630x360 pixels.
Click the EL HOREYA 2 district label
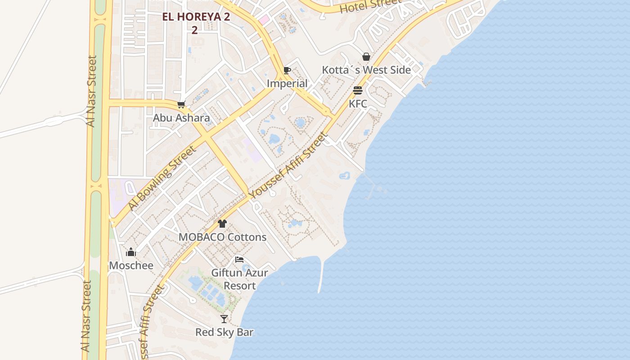coord(196,17)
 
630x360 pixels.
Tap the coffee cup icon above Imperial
coord(287,70)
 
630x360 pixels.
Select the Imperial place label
coord(287,83)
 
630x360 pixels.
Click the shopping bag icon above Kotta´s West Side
coord(366,57)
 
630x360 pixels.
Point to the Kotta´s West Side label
coord(366,70)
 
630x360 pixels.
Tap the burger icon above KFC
coord(358,90)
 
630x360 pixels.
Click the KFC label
coord(358,103)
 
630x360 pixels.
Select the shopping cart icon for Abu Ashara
coord(181,105)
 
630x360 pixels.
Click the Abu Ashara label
coord(181,118)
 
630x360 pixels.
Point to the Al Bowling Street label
coord(162,177)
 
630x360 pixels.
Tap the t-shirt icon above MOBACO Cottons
coord(222,224)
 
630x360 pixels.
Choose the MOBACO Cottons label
coord(222,237)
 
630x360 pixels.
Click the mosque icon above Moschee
coord(131,252)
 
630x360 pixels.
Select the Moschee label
coord(131,265)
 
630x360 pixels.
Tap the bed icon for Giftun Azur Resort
coord(239,260)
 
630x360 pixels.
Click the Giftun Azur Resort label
coord(240,279)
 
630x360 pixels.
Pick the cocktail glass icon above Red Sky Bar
coord(224,319)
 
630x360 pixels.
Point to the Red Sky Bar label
coord(224,333)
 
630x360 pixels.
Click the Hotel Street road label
coord(370,5)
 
